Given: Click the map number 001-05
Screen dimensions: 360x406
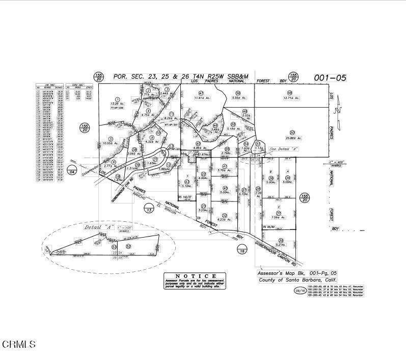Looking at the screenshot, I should point(330,78).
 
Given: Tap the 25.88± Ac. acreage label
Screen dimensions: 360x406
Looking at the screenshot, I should point(294,138).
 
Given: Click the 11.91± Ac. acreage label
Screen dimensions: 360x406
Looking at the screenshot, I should point(203,99).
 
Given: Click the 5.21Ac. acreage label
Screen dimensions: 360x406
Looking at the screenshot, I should point(280,245).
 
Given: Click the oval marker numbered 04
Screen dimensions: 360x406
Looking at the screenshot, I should point(72,172).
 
